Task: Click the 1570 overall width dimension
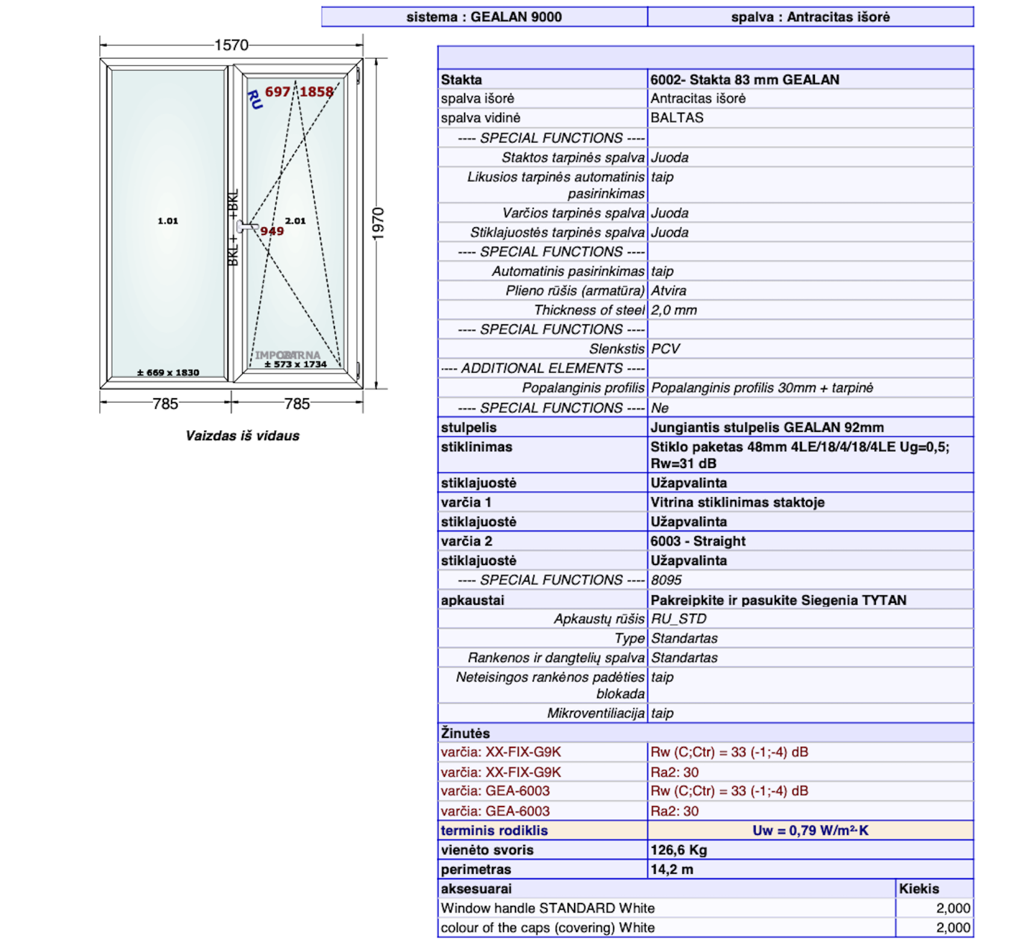231,45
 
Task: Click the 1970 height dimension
378,224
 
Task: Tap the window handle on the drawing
246,226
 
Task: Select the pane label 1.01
167,221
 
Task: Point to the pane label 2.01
295,221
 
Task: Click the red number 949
272,232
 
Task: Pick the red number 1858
317,92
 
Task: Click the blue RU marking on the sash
255,99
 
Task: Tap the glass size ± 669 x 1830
168,373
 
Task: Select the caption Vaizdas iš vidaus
242,436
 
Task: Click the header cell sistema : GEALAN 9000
484,17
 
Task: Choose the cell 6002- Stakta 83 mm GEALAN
745,80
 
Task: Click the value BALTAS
676,118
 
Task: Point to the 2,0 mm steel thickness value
673,310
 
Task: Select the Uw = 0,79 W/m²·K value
810,831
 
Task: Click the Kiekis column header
919,889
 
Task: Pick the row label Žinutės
465,733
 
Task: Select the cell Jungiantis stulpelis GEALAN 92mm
767,428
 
